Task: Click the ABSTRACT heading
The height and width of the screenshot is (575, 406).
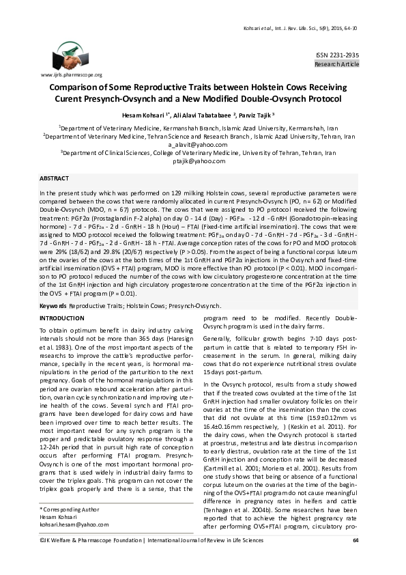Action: [x=54, y=178]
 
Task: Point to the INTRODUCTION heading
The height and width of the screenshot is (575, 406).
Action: [x=61, y=319]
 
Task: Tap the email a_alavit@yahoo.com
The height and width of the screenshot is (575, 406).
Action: [x=202, y=145]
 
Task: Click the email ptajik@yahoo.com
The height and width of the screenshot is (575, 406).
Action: [x=203, y=162]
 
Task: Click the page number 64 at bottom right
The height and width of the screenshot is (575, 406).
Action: [x=356, y=561]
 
